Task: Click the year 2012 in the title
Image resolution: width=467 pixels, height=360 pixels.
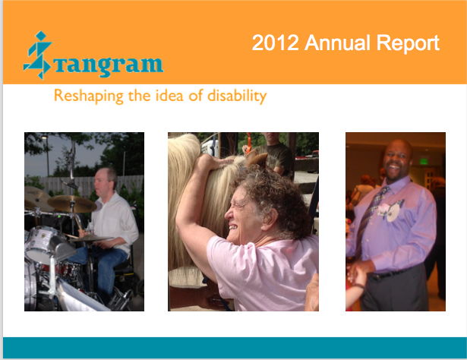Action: (276, 43)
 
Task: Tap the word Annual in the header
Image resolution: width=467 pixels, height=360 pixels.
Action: (337, 43)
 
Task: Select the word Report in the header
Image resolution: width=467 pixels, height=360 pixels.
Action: (408, 43)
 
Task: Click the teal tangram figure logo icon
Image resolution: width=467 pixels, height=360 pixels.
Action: (38, 55)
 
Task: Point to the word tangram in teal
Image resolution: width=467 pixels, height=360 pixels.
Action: (109, 65)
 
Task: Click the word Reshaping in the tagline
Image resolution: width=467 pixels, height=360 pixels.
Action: (88, 96)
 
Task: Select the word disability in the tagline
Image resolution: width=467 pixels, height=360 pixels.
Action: (237, 96)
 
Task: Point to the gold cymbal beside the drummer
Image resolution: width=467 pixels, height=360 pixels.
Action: (72, 204)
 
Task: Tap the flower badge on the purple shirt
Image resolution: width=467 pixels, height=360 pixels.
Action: (391, 210)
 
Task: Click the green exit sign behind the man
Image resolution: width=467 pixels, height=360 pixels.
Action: (424, 162)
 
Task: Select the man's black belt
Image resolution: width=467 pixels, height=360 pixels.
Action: (393, 273)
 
